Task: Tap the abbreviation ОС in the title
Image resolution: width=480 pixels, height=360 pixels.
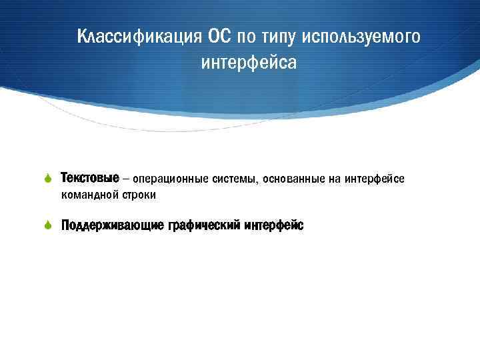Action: pos(219,36)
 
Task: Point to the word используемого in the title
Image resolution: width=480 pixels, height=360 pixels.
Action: pos(361,37)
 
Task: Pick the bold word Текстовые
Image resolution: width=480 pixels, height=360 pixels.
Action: pos(90,179)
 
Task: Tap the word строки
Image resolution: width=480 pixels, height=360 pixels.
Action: pos(139,195)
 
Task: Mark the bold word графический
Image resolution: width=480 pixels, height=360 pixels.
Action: pos(196,226)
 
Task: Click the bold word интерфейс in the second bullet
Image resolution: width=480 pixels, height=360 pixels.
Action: pos(274,225)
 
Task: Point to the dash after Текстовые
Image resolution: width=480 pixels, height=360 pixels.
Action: pos(127,179)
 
